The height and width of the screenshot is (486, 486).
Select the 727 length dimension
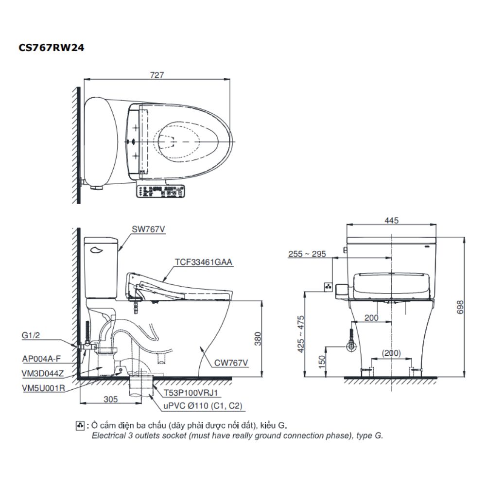[x=157, y=75]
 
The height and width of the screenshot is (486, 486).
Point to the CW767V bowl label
[x=231, y=362]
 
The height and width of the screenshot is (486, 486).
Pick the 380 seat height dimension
[x=258, y=338]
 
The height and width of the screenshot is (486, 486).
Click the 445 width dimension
[x=391, y=221]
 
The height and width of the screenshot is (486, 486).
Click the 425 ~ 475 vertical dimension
[x=301, y=334]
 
